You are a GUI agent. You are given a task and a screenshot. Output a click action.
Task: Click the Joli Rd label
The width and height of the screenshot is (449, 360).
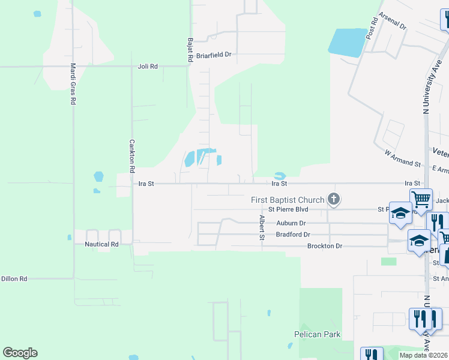147,67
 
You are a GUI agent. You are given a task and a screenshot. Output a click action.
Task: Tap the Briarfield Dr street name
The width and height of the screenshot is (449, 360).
214,55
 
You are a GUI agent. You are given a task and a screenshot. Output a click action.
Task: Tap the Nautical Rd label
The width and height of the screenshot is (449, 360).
101,244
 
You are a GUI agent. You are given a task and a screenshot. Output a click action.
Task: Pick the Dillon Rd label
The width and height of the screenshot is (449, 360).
14,279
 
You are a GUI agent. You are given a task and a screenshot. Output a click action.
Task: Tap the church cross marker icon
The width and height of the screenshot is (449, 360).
334,199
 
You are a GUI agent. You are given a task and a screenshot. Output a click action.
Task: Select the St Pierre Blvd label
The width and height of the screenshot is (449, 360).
288,209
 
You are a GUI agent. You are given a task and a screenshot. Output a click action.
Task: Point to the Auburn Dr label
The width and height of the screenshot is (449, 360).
291,223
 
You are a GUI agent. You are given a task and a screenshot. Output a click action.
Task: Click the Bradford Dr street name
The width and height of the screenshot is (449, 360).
293,235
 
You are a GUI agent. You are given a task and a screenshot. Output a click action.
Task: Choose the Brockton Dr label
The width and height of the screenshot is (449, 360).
324,246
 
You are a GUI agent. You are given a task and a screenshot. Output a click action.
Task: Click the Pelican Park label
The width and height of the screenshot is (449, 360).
318,334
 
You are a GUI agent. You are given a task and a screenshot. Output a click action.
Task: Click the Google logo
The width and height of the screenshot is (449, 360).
20,353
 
